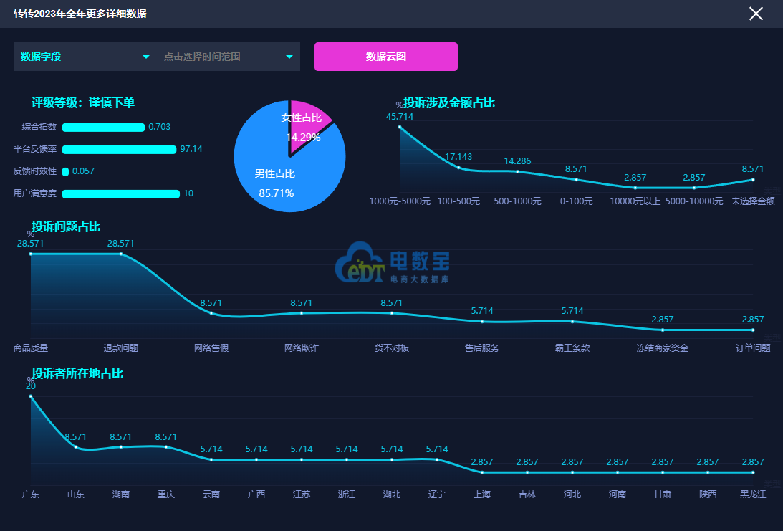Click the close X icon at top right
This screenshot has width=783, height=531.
756,14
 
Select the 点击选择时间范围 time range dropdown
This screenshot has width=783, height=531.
228,57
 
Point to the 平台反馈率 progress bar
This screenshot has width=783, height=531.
119,150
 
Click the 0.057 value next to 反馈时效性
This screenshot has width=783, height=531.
83,171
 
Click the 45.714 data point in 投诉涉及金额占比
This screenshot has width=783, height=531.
400,127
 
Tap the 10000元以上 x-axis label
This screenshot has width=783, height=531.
635,201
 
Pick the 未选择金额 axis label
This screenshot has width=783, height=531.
753,201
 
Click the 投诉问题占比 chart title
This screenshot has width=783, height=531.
66,227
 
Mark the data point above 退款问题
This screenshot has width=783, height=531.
121,254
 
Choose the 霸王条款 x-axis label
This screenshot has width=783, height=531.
572,348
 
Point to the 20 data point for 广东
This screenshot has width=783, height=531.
31,396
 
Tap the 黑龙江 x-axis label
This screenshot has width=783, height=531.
753,494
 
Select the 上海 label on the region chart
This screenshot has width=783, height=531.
482,494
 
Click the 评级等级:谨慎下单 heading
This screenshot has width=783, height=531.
83,103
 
